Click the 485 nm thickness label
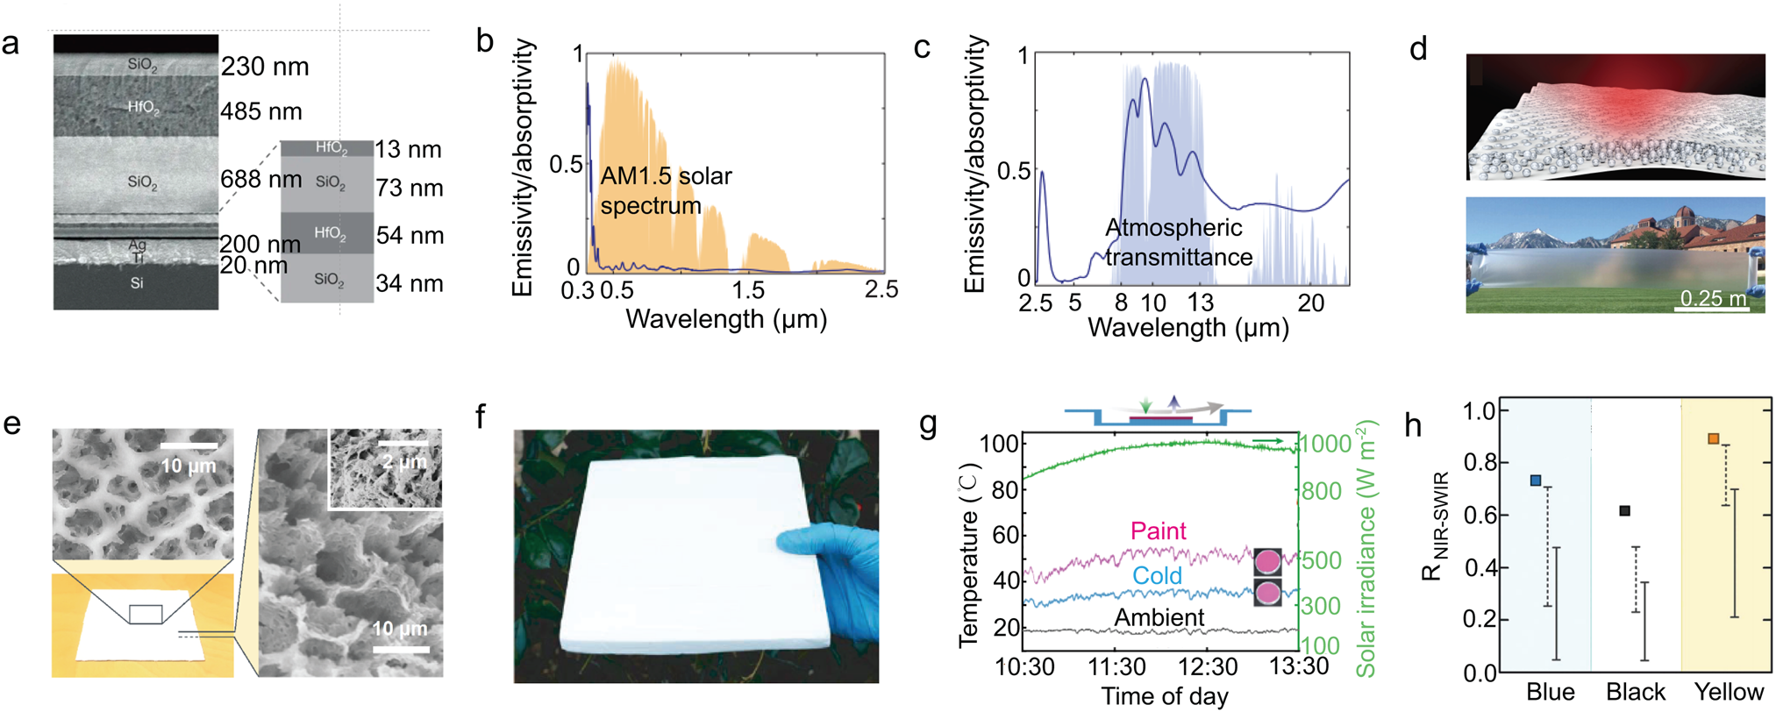261,111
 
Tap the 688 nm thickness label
261,179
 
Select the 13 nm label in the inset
408,149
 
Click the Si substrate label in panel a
136,283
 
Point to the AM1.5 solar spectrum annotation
666,190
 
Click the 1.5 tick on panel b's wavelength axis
748,290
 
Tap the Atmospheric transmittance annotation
1178,242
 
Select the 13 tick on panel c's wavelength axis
1200,303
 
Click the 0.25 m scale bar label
1713,298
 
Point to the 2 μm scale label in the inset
403,461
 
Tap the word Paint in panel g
1158,530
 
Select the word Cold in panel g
1157,575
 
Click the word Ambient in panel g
1159,617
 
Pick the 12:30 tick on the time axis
1208,666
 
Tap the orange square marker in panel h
1713,438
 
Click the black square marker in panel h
1624,510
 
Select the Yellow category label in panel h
1728,692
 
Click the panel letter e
12,424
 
